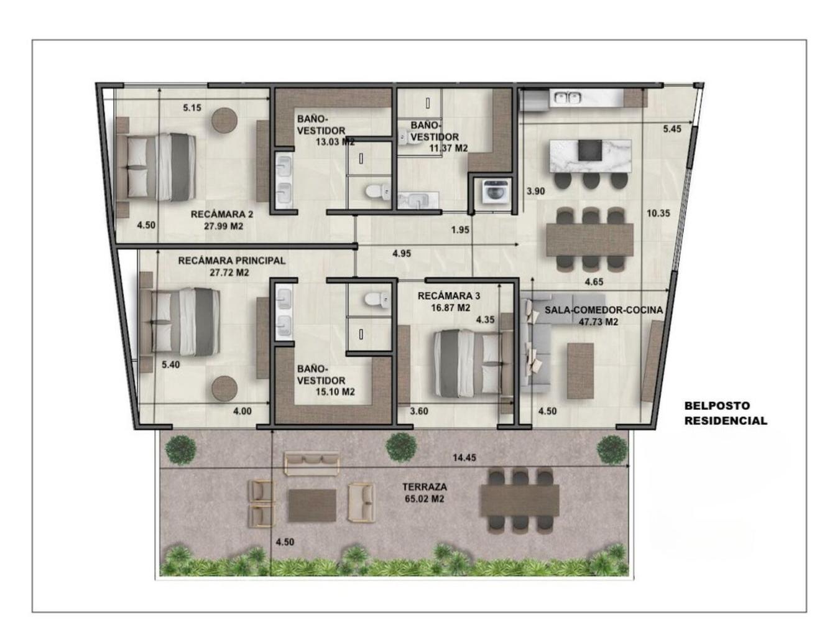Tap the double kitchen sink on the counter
565,98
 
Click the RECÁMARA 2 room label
221,214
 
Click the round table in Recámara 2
224,120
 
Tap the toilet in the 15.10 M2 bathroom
377,299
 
